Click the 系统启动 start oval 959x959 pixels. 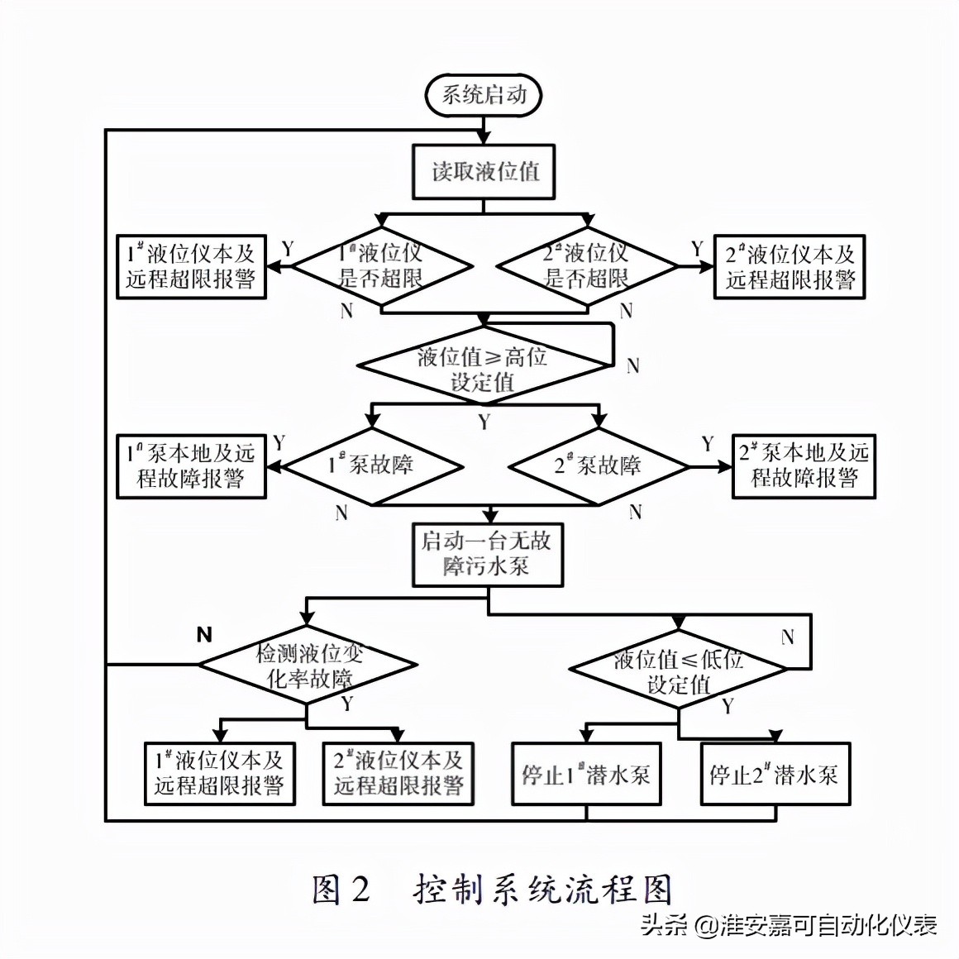pos(484,94)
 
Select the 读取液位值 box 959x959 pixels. pos(484,172)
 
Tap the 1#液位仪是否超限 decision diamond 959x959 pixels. pos(381,266)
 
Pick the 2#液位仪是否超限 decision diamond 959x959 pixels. pos(587,266)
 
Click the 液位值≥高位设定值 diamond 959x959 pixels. pos(483,369)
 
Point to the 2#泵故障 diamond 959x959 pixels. pos(598,466)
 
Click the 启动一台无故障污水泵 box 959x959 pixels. pos(487,554)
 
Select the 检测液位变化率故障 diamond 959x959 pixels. pos(308,666)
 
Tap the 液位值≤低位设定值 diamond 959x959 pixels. pos(679,671)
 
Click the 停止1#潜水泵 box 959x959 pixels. pos(586,775)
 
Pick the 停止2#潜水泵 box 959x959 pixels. pos(775,775)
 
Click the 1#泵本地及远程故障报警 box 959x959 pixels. pos(191,466)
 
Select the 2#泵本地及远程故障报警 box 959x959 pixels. pos(804,465)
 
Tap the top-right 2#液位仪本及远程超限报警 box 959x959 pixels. pos(789,266)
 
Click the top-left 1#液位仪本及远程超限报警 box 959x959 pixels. pos(191,266)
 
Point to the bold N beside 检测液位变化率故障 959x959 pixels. pos(205,635)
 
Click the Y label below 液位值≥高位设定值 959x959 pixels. pos(484,422)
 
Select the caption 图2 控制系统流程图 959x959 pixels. pos(493,890)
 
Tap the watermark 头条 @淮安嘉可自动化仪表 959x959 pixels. pos(789,924)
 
